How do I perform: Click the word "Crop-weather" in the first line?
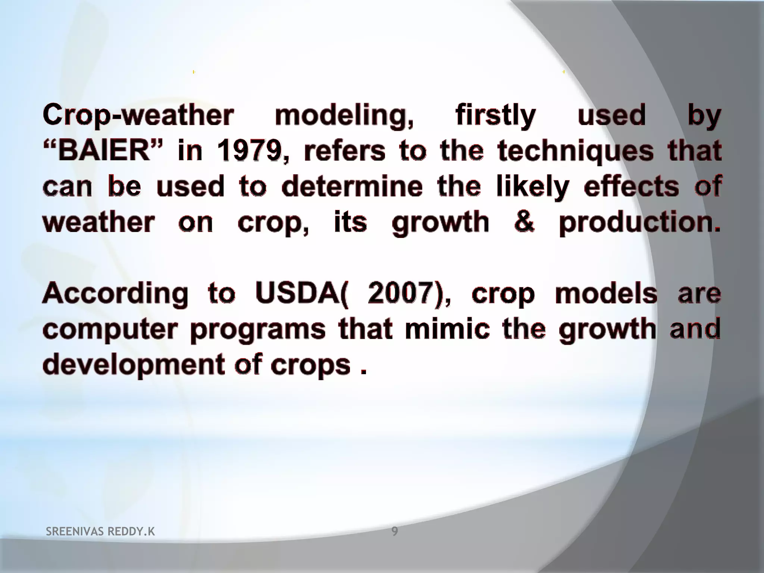pyautogui.click(x=138, y=116)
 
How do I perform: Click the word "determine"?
pyautogui.click(x=352, y=187)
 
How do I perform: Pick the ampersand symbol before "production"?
pyautogui.click(x=524, y=222)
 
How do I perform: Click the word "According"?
pyautogui.click(x=115, y=294)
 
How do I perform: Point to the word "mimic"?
pyautogui.click(x=447, y=329)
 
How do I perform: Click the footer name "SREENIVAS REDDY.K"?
pyautogui.click(x=100, y=532)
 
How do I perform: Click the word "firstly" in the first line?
pyautogui.click(x=495, y=116)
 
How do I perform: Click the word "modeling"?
pyautogui.click(x=344, y=116)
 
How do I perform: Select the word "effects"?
pyautogui.click(x=631, y=187)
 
